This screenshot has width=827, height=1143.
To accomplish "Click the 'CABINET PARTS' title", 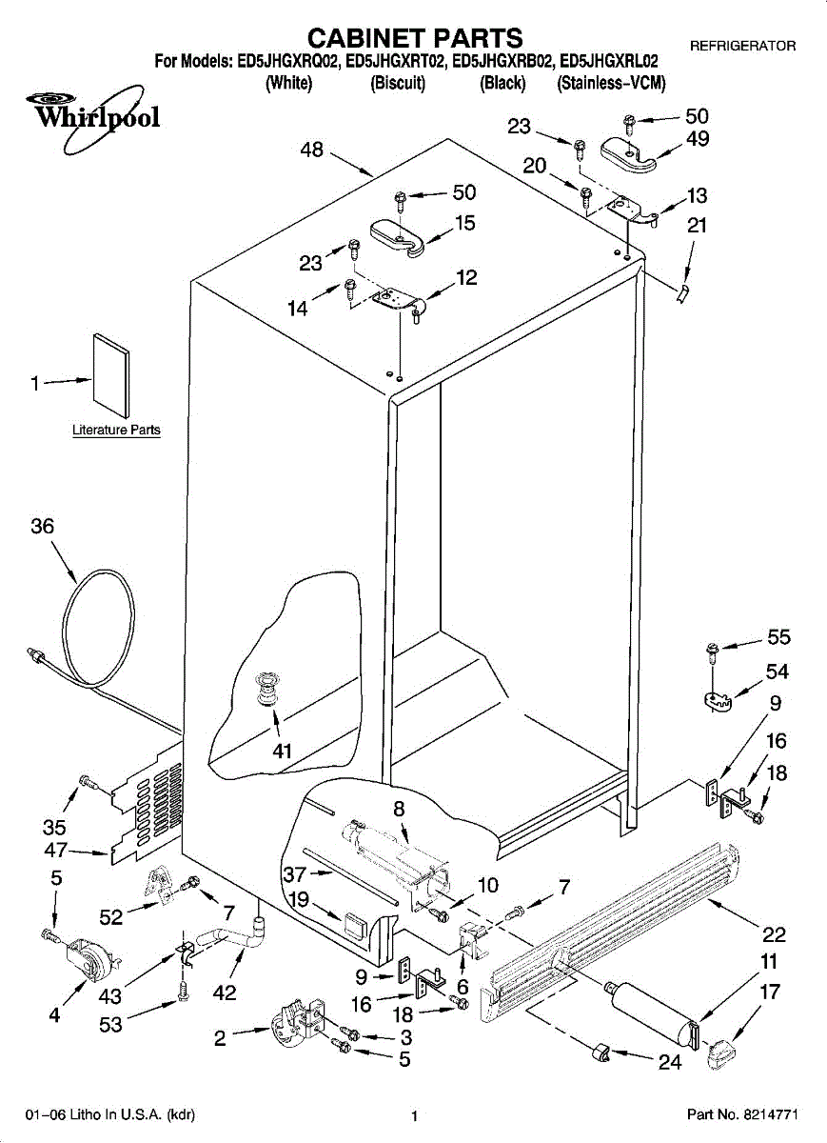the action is point(415,38).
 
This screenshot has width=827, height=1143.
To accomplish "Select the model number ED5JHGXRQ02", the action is point(287,62).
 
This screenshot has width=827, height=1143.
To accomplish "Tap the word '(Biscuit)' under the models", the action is point(398,83).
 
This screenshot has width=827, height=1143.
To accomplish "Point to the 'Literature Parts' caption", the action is point(116,430).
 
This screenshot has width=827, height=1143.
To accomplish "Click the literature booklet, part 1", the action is point(111,376).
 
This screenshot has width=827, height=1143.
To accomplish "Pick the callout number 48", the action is point(311,150).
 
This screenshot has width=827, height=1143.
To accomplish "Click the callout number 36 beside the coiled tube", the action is point(42,526).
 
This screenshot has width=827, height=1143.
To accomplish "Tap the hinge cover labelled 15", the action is point(398,237).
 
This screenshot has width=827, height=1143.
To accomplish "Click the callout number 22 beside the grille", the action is point(774,934).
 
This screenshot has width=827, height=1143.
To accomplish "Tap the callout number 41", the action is point(282,751).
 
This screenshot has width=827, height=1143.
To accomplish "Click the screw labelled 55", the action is point(712,652).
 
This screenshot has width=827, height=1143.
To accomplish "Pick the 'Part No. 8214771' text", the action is point(742,1113).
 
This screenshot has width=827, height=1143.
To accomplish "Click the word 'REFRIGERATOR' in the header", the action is point(742,46).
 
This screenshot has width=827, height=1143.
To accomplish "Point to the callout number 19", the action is point(299,898).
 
